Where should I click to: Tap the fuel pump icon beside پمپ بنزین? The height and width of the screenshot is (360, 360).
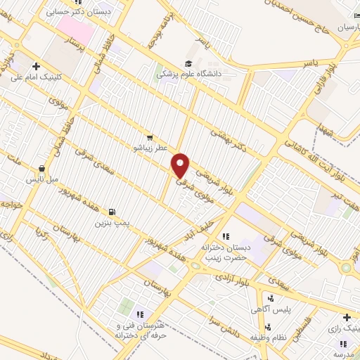click(x=112, y=211)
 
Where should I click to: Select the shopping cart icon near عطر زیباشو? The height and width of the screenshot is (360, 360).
click(x=150, y=137)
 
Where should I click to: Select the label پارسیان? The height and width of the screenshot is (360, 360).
click(x=334, y=28)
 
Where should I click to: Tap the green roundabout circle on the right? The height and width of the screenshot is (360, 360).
click(x=346, y=267)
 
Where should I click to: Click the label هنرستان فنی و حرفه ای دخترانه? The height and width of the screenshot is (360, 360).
click(x=140, y=329)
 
